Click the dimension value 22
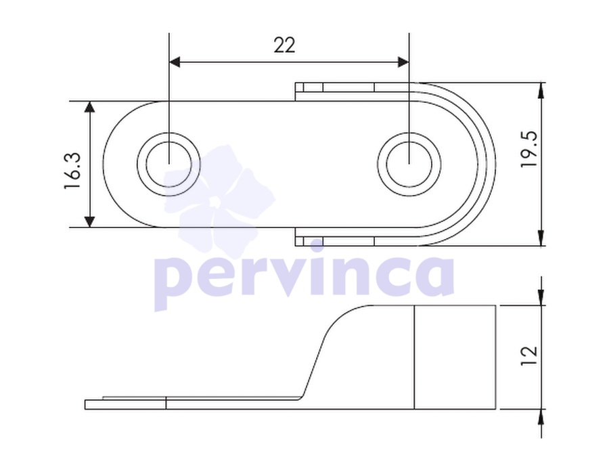284,45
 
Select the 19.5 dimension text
529,149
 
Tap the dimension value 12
529,355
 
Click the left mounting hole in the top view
169,165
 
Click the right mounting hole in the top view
409,165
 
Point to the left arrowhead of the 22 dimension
175,62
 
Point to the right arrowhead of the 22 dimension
403,62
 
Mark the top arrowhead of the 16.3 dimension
90,107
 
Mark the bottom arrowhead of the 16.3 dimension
90,222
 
